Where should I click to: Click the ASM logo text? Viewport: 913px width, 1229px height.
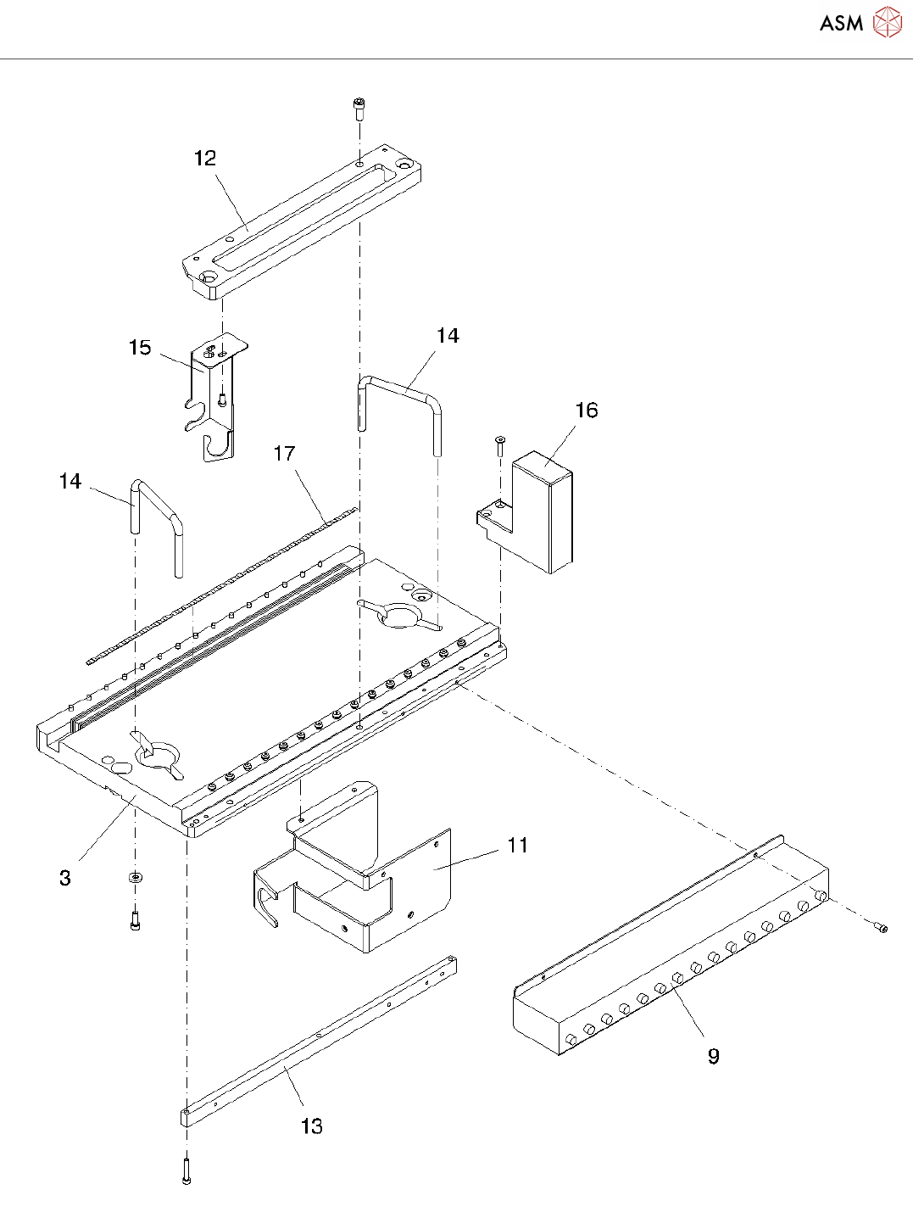pos(841,23)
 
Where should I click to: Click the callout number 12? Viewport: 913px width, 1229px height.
pos(205,158)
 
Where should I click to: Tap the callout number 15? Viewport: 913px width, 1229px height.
pos(140,348)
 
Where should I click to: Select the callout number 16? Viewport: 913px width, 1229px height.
pos(587,411)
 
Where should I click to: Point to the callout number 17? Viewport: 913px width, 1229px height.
pos(284,454)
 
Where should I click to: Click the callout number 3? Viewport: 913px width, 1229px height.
pos(65,878)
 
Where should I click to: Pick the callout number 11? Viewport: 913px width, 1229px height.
pos(518,846)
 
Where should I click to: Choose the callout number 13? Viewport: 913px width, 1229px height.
pos(312,1126)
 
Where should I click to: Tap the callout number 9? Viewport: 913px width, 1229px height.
pos(714,1056)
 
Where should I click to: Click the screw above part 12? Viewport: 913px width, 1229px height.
pos(359,107)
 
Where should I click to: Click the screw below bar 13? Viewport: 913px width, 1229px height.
pos(186,1171)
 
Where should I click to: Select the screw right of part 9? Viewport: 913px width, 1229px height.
pos(882,928)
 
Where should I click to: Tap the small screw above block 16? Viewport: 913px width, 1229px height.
pos(499,441)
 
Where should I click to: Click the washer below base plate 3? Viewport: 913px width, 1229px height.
pos(134,876)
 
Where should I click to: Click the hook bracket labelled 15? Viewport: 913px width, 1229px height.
pos(214,399)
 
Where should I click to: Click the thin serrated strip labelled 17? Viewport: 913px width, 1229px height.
pos(220,585)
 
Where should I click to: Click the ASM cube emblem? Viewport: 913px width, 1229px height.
pos(887,23)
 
